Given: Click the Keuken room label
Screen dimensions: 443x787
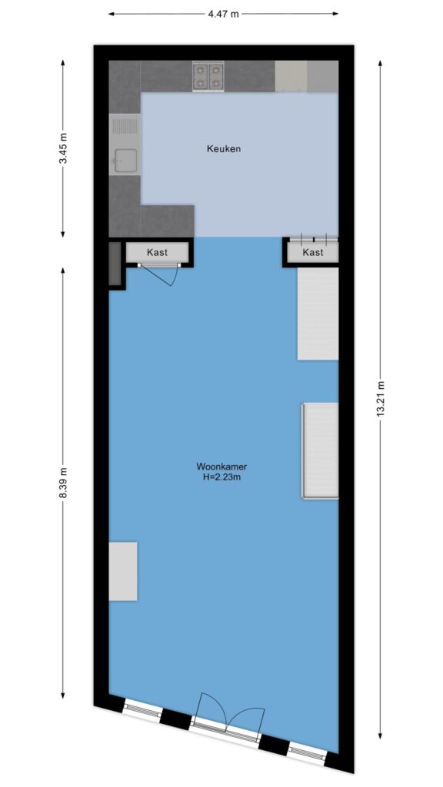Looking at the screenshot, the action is click(224, 149).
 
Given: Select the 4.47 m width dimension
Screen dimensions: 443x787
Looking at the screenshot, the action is click(224, 14).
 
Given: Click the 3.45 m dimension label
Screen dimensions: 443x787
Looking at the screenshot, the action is click(63, 149).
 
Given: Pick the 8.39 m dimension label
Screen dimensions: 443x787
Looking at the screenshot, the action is click(63, 483).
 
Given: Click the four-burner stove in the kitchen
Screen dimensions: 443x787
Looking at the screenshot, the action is click(208, 76).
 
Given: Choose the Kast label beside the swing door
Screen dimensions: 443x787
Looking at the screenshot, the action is click(157, 252).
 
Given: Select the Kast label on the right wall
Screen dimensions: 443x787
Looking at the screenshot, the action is click(313, 252).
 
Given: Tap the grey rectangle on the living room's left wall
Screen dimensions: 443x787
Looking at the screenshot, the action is click(123, 571).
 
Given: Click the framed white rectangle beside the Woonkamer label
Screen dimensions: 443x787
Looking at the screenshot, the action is click(320, 450).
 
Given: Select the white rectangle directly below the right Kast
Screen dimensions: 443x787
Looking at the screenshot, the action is click(318, 314).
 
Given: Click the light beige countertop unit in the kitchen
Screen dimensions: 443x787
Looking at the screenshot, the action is click(291, 76).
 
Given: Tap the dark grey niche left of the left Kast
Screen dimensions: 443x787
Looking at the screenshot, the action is click(115, 264).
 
